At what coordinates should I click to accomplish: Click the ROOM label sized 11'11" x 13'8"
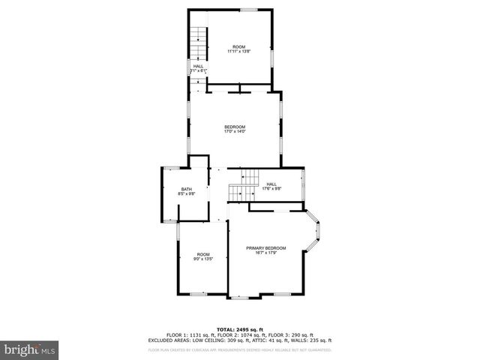(x=238, y=49)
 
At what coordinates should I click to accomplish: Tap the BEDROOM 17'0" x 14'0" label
(x=235, y=130)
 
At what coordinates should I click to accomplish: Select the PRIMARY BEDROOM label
(x=266, y=247)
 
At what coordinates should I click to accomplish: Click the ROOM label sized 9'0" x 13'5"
(x=203, y=256)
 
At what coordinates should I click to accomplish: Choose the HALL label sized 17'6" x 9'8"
(x=271, y=186)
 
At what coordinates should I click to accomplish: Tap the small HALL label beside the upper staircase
(x=199, y=68)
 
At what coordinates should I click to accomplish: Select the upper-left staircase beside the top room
(x=197, y=43)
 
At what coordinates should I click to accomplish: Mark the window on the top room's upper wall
(x=248, y=10)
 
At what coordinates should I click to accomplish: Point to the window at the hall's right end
(x=303, y=185)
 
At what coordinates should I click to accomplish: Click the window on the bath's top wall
(x=169, y=167)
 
